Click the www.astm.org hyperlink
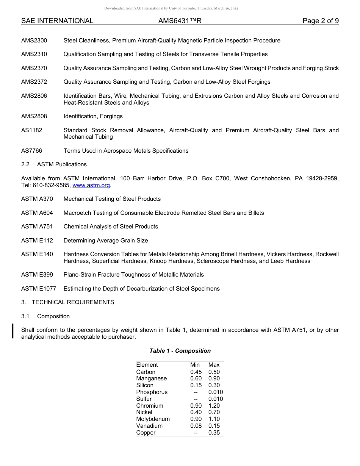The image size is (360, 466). click(91, 185)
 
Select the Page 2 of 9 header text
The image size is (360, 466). click(320, 21)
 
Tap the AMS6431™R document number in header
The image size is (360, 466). click(180, 21)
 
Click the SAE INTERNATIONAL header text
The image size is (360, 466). click(57, 21)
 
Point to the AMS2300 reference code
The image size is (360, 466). click(34, 41)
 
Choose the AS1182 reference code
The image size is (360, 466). click(32, 130)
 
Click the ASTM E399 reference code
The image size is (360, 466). click(37, 275)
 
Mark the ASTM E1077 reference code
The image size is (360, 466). click(39, 289)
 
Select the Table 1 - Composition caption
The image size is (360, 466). click(180, 351)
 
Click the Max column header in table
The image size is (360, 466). click(214, 365)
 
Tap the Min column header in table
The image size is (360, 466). click(195, 365)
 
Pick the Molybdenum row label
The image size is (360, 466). click(153, 419)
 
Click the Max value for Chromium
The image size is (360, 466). click(214, 406)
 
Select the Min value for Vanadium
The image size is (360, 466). click(196, 426)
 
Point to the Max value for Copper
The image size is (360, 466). click(214, 433)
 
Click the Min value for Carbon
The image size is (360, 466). click(196, 372)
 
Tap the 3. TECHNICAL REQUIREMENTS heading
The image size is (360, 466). click(67, 302)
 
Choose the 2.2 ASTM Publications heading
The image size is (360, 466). click(54, 164)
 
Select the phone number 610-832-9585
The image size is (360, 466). click(51, 185)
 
